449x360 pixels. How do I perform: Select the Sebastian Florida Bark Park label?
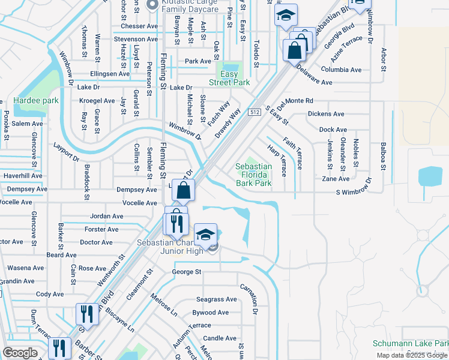point(253,175)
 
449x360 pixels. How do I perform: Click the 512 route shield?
point(255,112)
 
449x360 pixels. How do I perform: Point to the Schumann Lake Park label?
point(411,344)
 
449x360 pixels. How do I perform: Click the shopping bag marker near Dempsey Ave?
point(184,191)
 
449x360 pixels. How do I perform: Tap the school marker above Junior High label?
point(205,235)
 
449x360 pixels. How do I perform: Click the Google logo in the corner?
point(20,353)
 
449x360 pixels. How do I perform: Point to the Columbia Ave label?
point(341,70)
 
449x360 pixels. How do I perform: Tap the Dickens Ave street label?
point(326,114)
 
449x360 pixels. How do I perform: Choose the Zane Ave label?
point(336,179)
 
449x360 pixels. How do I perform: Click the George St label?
point(187,272)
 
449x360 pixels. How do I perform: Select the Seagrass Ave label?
point(217,299)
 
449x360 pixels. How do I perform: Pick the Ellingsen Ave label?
point(110,74)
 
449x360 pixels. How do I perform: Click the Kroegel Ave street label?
point(101,101)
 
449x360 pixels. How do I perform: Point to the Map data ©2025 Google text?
point(412,355)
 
